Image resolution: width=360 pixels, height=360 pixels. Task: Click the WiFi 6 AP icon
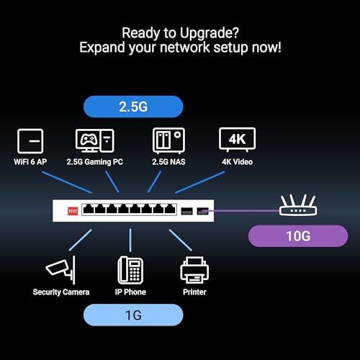click(x=30, y=140)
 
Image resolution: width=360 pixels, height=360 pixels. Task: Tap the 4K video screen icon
click(x=237, y=139)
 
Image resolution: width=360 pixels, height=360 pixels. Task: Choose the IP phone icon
click(x=130, y=269)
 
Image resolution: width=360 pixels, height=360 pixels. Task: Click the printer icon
click(x=194, y=270)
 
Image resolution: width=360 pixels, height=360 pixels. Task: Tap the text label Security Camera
click(x=61, y=292)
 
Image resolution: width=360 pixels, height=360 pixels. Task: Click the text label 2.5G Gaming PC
click(x=94, y=162)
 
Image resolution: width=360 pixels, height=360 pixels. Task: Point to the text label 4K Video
click(x=237, y=162)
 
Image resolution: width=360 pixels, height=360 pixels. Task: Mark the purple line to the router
click(x=245, y=211)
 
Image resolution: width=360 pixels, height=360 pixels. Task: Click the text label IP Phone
click(x=130, y=292)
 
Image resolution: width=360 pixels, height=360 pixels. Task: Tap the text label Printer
click(x=194, y=292)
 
